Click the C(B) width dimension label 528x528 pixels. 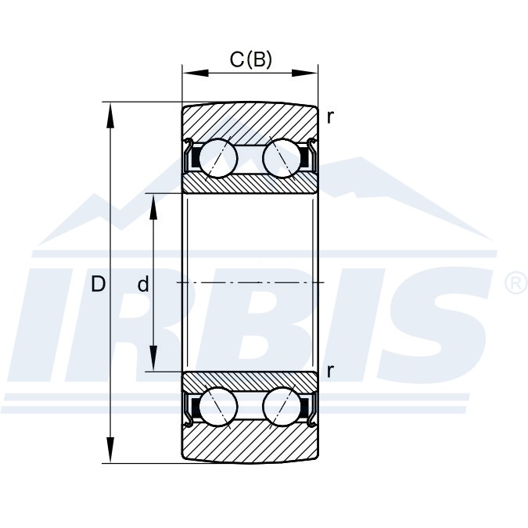[x=250, y=59]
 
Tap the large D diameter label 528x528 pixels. [x=99, y=284]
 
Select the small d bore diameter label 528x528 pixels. [x=143, y=284]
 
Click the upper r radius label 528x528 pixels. [x=330, y=117]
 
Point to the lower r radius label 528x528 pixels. [x=330, y=371]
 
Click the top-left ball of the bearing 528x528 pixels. [x=218, y=157]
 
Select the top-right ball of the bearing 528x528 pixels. [x=282, y=157]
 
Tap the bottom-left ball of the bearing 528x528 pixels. [x=218, y=406]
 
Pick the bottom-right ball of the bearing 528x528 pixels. [x=282, y=406]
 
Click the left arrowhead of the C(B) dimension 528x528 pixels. [x=196, y=73]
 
